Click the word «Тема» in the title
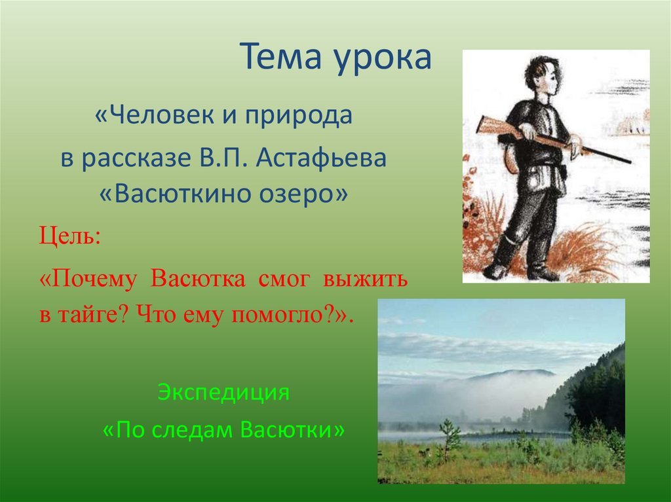280,56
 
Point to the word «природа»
298,117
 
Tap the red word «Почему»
88,279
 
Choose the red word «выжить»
366,279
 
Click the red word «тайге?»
90,315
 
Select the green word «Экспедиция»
223,392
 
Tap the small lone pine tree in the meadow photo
450,439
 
